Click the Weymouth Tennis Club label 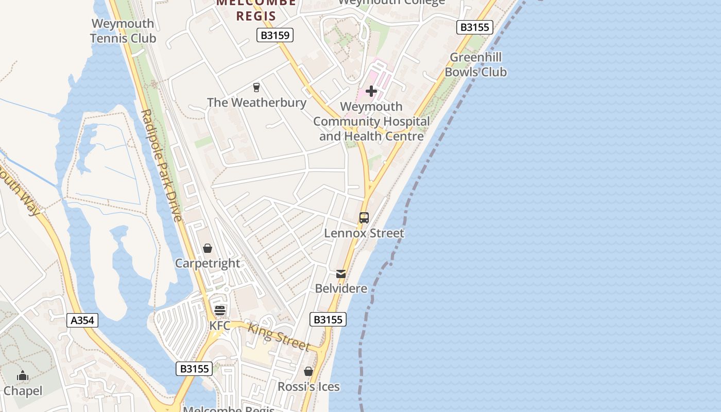[x=123, y=31]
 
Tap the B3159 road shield [x=275, y=35]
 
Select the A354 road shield [x=82, y=320]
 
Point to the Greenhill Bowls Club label [x=475, y=64]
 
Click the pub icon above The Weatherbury [x=256, y=88]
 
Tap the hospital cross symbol [x=371, y=92]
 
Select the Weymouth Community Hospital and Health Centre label [x=371, y=122]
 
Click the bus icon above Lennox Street [x=364, y=218]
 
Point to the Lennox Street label [x=364, y=233]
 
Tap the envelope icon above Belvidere [x=341, y=273]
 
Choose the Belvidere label [x=341, y=288]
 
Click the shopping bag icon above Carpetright [x=208, y=249]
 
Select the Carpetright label [x=208, y=263]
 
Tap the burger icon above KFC [x=220, y=311]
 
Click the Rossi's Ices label [x=308, y=386]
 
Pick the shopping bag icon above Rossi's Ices [x=308, y=371]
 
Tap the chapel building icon [x=23, y=376]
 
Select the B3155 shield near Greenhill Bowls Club [x=474, y=27]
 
